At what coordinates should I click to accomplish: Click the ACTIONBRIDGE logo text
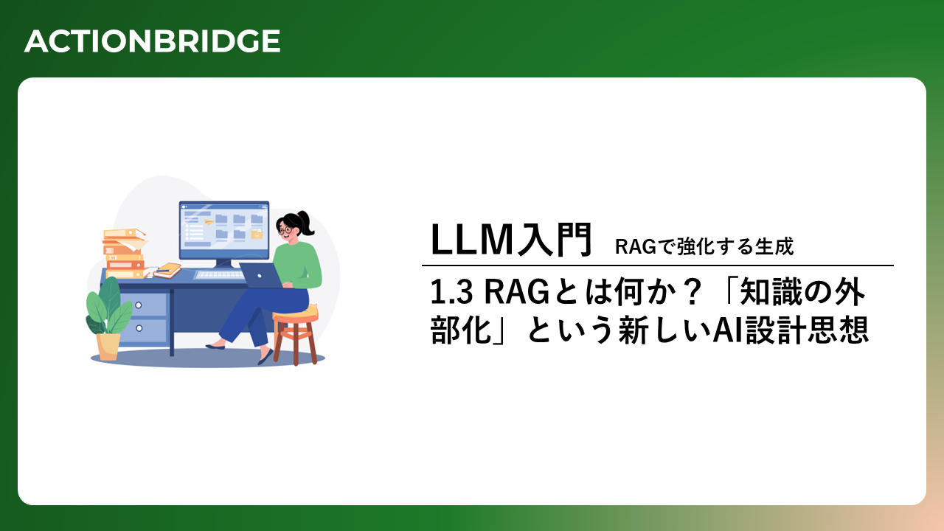(x=152, y=41)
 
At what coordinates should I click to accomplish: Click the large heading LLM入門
(x=511, y=240)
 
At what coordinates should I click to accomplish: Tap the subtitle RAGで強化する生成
(x=704, y=246)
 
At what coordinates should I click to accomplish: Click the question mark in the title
(x=692, y=292)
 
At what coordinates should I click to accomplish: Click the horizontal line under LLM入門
(x=657, y=265)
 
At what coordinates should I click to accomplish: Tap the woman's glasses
(x=285, y=229)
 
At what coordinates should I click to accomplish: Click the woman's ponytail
(x=306, y=223)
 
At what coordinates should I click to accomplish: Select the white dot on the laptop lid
(x=260, y=276)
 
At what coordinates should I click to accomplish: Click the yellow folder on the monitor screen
(x=257, y=234)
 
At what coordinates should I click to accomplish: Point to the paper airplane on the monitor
(x=209, y=221)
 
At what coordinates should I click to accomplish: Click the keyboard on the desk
(x=218, y=275)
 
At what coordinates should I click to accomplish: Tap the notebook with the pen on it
(x=167, y=270)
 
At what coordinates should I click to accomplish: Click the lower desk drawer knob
(x=139, y=328)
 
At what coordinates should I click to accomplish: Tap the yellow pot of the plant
(x=108, y=347)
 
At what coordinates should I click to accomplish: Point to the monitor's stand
(x=223, y=264)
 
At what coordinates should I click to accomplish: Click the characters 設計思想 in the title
(x=807, y=330)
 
